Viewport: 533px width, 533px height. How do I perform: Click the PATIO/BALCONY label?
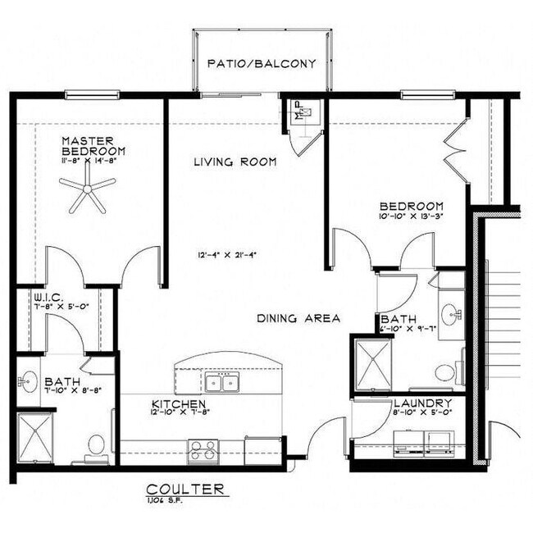click(x=262, y=63)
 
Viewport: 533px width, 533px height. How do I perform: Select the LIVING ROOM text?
click(x=235, y=162)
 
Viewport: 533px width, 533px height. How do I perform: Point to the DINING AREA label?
click(x=298, y=318)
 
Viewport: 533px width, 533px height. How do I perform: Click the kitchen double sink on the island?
click(x=221, y=382)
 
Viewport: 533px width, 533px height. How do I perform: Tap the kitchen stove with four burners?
click(x=203, y=449)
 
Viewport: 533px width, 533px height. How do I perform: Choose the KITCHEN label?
click(x=178, y=404)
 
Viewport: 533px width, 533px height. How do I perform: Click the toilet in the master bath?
click(x=96, y=445)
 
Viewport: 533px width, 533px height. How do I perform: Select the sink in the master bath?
click(x=30, y=380)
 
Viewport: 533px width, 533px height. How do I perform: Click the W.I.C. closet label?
click(x=44, y=296)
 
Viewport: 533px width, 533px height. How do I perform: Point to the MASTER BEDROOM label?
click(x=93, y=146)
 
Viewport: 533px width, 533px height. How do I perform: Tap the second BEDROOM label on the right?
click(x=411, y=207)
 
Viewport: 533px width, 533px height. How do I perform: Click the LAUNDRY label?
click(x=422, y=403)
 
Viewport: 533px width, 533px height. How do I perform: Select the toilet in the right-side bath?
click(x=445, y=372)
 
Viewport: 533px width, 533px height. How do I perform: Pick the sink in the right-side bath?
click(x=450, y=313)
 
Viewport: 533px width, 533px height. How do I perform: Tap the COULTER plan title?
click(x=184, y=489)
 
